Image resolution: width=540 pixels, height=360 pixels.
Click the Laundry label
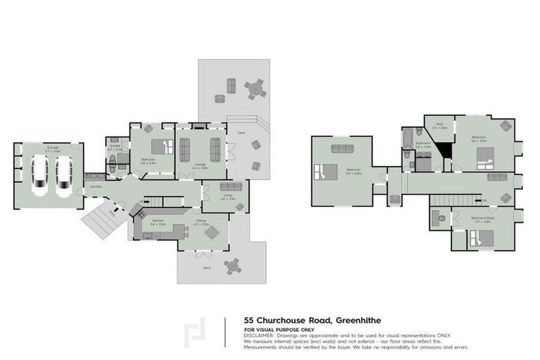coord(96,186)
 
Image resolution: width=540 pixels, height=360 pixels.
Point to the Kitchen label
coord(158,220)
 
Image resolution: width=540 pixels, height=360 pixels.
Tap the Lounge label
coord(200,166)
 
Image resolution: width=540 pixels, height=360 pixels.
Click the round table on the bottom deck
coord(231,266)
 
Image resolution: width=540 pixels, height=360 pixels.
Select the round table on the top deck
coord(255,89)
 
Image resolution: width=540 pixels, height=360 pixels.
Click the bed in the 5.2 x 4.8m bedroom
coord(326,172)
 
